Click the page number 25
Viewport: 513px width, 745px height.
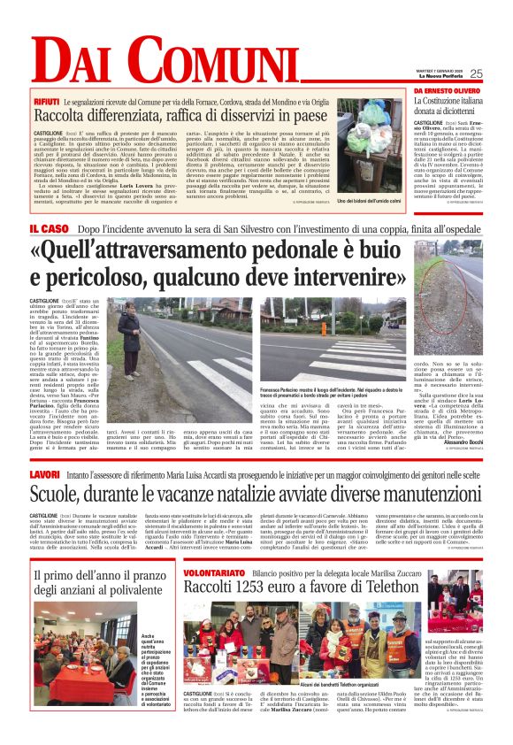pos(476,73)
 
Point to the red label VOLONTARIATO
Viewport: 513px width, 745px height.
pos(212,574)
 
